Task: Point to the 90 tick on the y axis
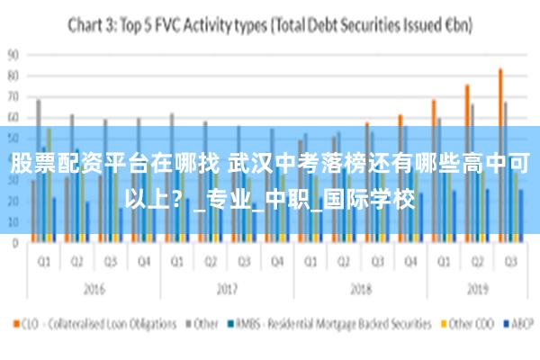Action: click(13, 54)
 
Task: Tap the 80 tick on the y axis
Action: click(13, 76)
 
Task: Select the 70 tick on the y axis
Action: click(13, 96)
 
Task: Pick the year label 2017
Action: click(226, 291)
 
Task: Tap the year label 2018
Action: click(359, 291)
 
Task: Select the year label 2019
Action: click(476, 291)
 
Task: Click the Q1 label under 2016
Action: click(43, 262)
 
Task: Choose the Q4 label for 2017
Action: click(276, 262)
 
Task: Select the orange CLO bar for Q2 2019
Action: click(467, 163)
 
